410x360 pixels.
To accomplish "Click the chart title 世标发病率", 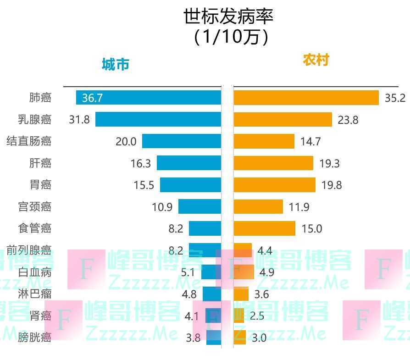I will click(x=228, y=17).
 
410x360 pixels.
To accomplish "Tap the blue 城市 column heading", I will click(x=115, y=64).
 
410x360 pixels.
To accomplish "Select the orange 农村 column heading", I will click(x=316, y=60).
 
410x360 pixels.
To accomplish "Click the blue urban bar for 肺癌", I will click(x=149, y=98).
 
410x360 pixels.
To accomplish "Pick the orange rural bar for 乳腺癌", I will click(x=283, y=120).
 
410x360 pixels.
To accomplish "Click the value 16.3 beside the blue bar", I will click(x=141, y=163).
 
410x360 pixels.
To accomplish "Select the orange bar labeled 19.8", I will click(x=274, y=185).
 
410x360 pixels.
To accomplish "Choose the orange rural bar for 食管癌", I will click(x=264, y=228).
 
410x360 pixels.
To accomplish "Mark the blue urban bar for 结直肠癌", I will click(x=181, y=141).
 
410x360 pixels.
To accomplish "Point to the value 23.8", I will click(x=348, y=120).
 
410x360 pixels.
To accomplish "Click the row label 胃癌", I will click(x=40, y=185).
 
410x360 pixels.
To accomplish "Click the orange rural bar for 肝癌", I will click(x=273, y=163).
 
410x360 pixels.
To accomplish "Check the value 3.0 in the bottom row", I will click(x=259, y=338).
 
